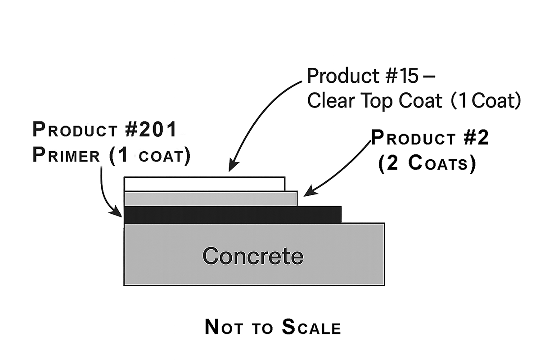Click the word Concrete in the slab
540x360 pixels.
click(253, 256)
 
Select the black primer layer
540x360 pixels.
click(232, 215)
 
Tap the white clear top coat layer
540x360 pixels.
click(204, 184)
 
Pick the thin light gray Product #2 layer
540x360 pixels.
click(210, 198)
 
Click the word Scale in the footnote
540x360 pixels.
click(311, 327)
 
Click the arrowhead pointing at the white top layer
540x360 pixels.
click(231, 168)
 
